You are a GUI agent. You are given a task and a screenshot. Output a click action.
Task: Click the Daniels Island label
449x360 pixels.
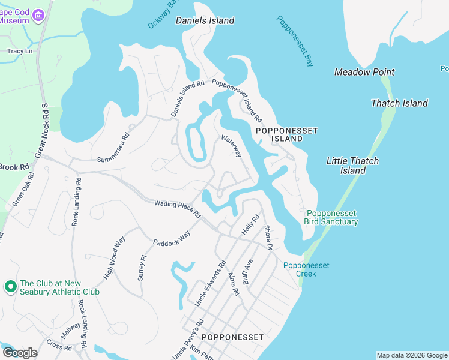[205, 20]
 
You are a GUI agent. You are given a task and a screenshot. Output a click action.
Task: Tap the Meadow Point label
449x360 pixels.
[364, 72]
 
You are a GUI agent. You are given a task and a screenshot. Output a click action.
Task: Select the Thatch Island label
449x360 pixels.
[399, 103]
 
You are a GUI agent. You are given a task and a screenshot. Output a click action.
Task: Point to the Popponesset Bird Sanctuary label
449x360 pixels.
[332, 217]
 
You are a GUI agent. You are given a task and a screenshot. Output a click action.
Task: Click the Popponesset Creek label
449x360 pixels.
[306, 269]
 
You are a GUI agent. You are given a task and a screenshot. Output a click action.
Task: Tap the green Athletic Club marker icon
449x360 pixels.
[10, 287]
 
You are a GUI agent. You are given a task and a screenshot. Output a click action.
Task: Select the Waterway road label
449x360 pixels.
[231, 146]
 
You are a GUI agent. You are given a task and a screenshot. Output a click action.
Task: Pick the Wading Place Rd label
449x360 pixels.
[176, 208]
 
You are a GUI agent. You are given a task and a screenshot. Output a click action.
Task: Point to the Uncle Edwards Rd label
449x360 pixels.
[210, 283]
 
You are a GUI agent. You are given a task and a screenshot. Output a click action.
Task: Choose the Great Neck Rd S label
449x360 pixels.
[41, 130]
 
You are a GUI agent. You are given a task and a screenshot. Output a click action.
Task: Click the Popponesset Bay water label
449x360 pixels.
[295, 40]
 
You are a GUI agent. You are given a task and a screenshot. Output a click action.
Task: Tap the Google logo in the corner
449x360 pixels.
[20, 353]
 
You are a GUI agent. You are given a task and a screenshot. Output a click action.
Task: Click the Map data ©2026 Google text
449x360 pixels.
[412, 355]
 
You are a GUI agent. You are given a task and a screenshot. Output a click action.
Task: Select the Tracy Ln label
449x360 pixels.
[19, 52]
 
